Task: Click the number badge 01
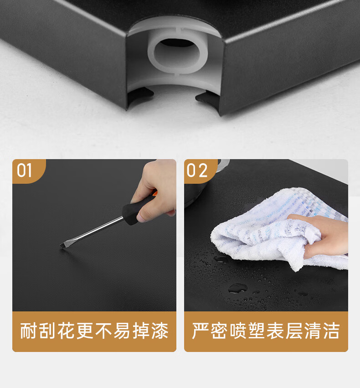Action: pyautogui.click(x=25, y=170)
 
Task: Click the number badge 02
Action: pyautogui.click(x=197, y=170)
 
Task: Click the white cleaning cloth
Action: pyautogui.click(x=277, y=230)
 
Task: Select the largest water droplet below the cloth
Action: pyautogui.click(x=237, y=288)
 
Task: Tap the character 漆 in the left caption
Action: pyautogui.click(x=160, y=331)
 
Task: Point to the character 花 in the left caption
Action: pyautogui.click(x=66, y=331)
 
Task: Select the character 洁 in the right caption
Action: pyautogui.click(x=331, y=331)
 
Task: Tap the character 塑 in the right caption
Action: pyautogui.click(x=257, y=331)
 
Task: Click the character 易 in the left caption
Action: pyautogui.click(x=123, y=331)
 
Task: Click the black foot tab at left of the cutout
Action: pyautogui.click(x=140, y=95)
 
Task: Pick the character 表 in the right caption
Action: pyautogui.click(x=275, y=331)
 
